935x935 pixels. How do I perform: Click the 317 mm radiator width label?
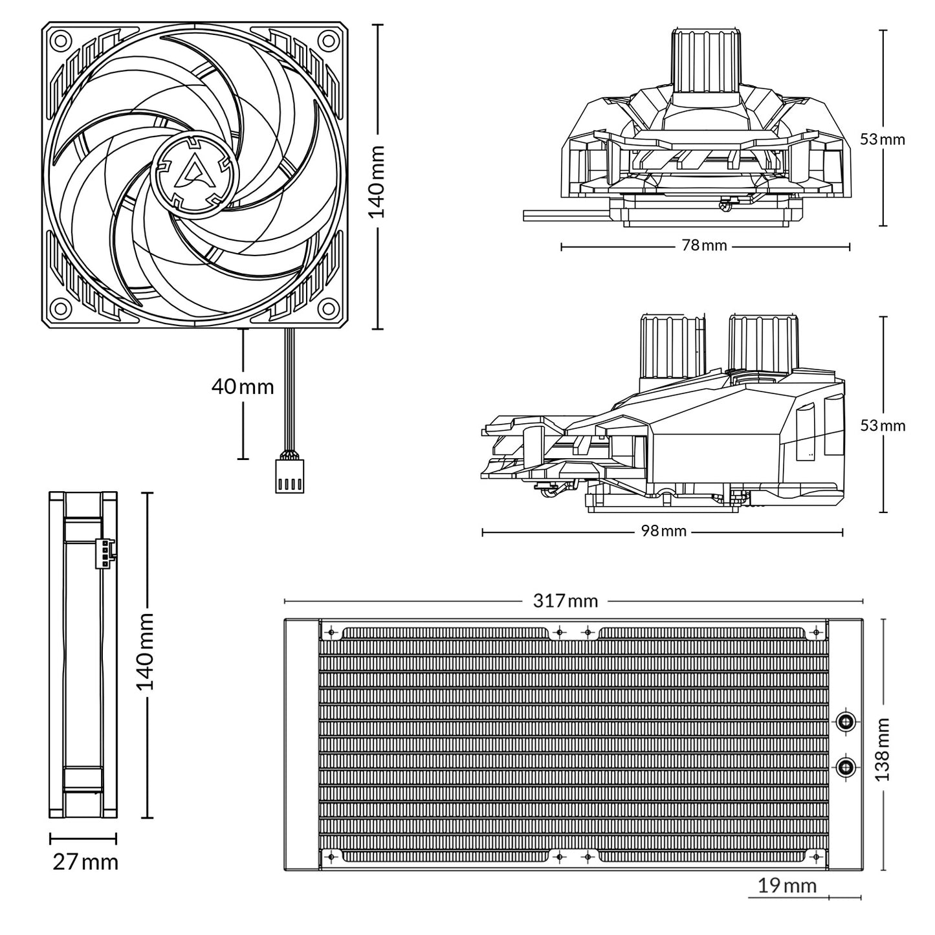point(565,600)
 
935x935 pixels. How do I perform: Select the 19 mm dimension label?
point(787,886)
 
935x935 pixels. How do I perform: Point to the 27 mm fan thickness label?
point(85,863)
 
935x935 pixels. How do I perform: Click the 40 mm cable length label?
point(243,387)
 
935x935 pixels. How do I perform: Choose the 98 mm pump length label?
point(663,531)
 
